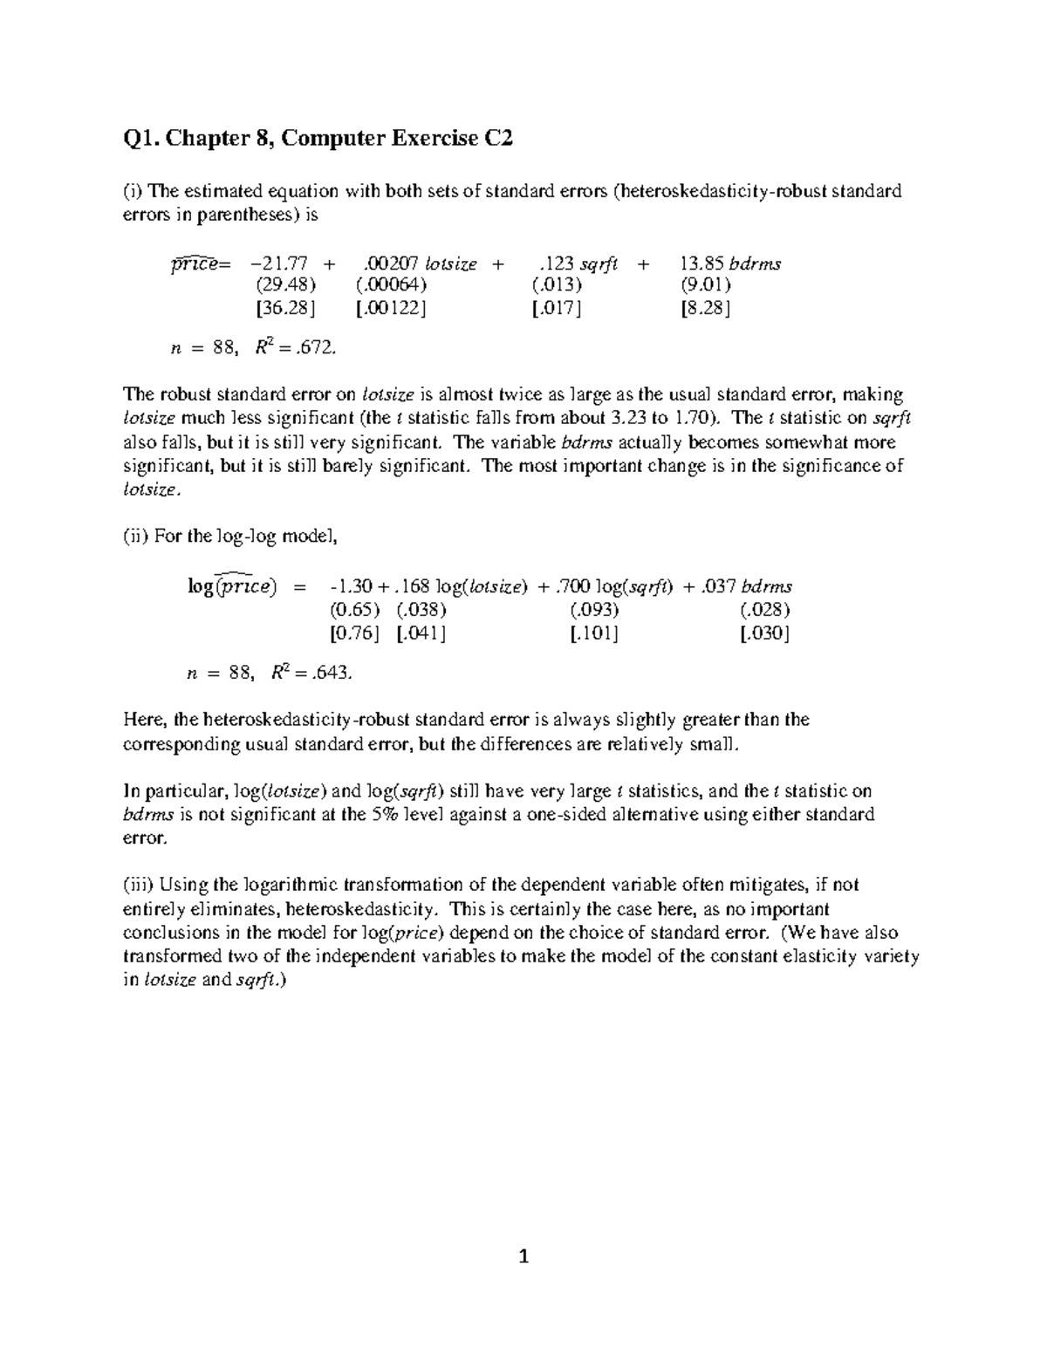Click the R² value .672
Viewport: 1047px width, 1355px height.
pos(313,349)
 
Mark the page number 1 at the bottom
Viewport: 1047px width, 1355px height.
pos(523,1257)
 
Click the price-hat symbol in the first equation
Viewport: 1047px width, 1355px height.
pos(194,264)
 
